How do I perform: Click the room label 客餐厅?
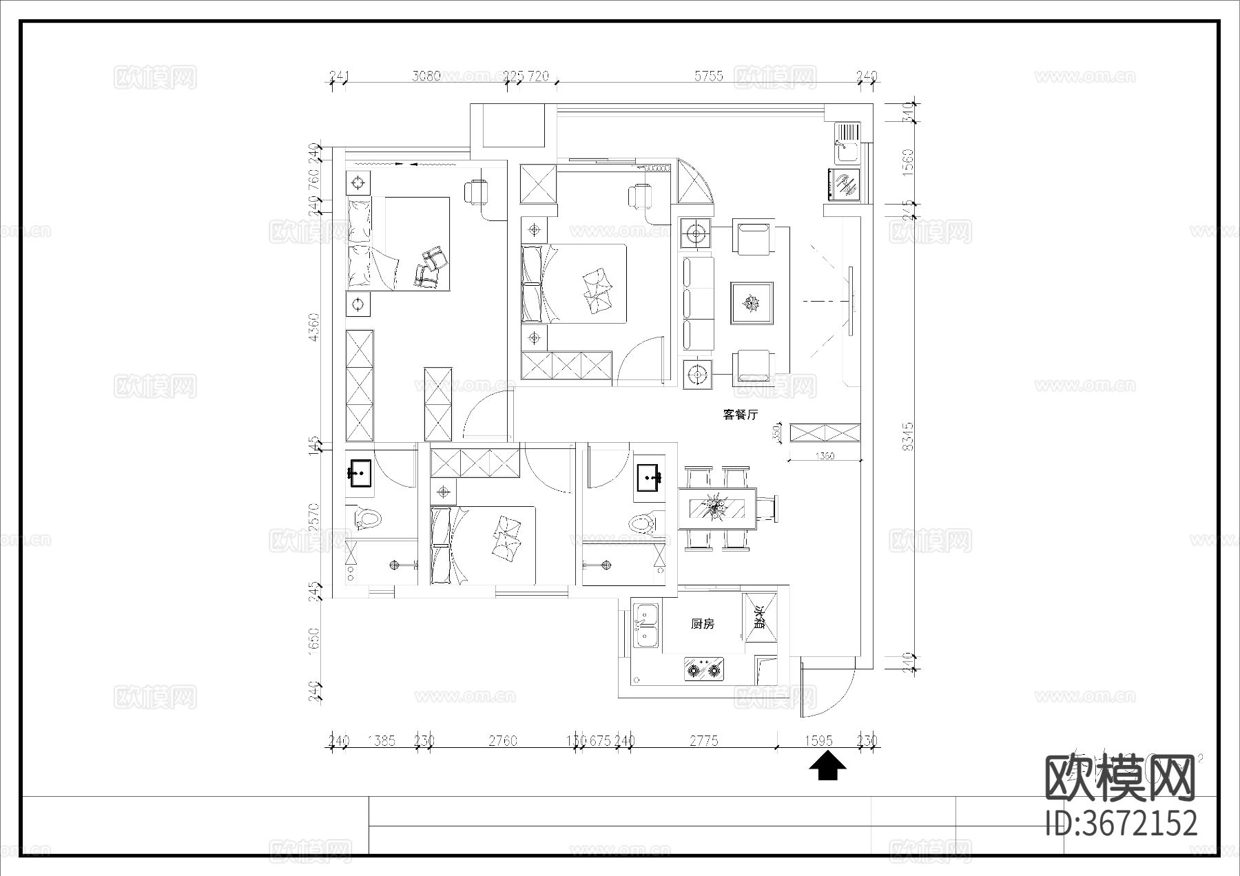click(x=741, y=415)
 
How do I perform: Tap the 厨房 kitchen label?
click(x=703, y=624)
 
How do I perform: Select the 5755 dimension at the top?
click(x=708, y=76)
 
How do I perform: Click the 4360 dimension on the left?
click(x=314, y=327)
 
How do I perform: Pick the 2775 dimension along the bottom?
click(x=704, y=741)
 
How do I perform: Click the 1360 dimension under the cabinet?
click(x=824, y=456)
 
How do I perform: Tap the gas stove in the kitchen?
click(x=704, y=669)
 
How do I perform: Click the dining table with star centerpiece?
click(x=716, y=508)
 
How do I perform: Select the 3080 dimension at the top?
click(x=426, y=76)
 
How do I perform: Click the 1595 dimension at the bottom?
click(x=818, y=741)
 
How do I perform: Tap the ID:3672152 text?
click(x=1122, y=823)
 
